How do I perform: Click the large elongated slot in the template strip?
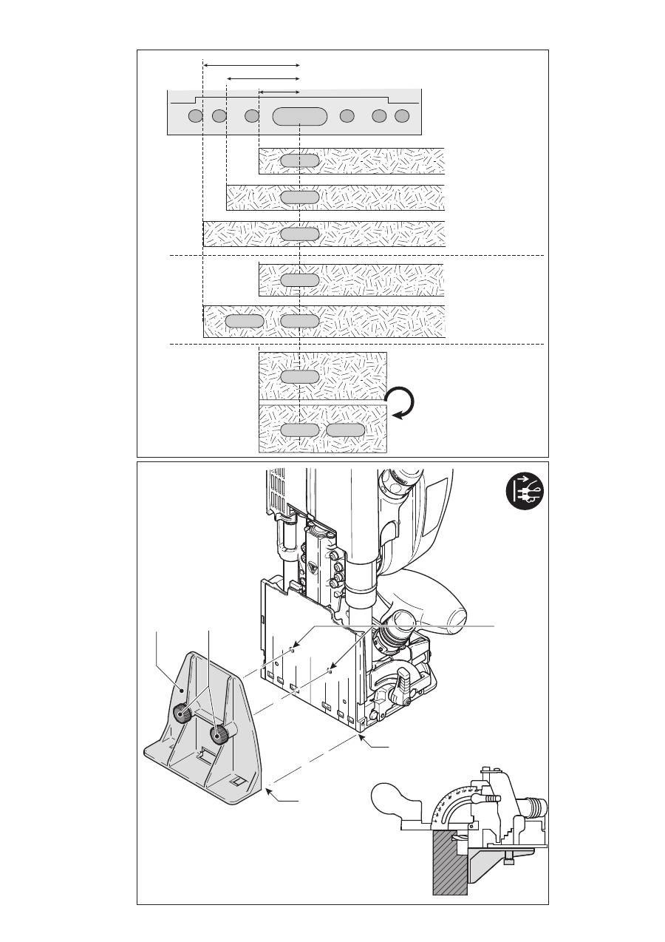coord(299,116)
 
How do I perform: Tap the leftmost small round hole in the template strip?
coord(195,116)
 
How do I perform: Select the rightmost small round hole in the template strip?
coord(402,116)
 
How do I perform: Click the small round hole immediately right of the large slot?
coord(347,116)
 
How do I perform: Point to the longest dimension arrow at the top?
coord(251,65)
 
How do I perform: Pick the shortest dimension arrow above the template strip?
coord(279,92)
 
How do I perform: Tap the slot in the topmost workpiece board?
coord(299,160)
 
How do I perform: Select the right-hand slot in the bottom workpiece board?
coord(346,430)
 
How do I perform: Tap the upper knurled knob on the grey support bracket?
coord(181,713)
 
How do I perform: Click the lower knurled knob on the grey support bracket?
coord(219,735)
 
